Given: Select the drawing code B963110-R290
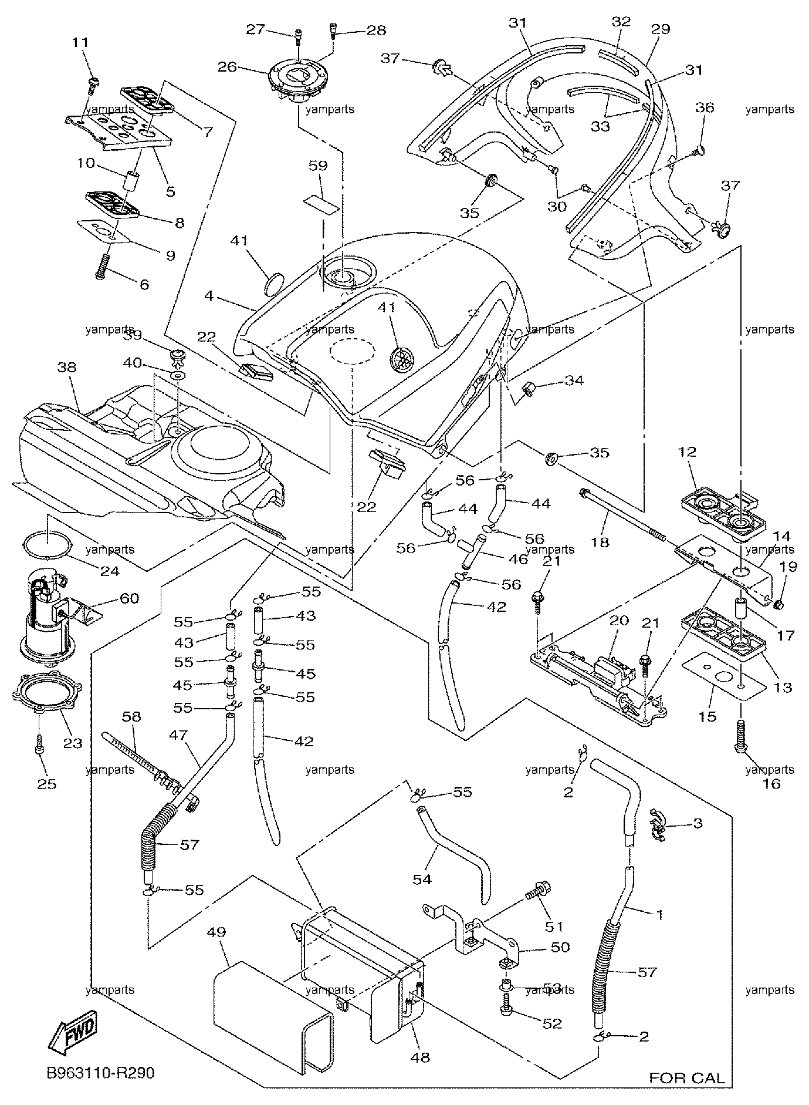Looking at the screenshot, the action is click(x=101, y=1073).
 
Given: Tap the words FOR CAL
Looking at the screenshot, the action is click(x=687, y=1078).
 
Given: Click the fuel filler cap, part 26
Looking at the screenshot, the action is click(x=299, y=81).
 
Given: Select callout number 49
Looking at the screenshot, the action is click(x=216, y=932).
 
